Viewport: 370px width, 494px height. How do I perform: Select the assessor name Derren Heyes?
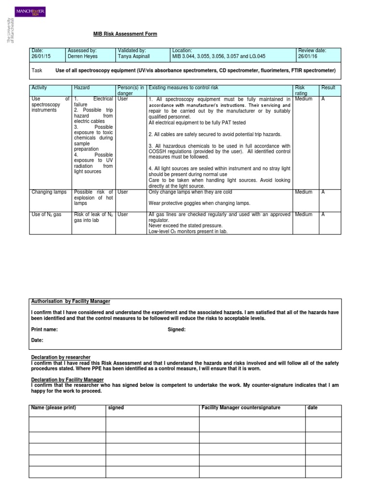pos(82,56)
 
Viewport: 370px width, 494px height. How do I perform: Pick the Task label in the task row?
pos(37,70)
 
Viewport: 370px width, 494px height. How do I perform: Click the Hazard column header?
pos(82,88)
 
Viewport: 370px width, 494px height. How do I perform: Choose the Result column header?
pos(329,88)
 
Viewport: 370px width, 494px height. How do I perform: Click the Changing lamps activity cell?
pos(49,192)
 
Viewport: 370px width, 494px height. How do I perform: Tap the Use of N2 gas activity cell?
pos(47,215)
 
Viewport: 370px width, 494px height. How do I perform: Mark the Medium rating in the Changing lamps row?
pos(304,192)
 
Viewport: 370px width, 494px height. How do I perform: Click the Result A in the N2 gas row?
pos(323,215)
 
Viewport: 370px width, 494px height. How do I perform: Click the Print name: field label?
pos(44,329)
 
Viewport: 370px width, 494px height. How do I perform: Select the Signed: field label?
pos(176,329)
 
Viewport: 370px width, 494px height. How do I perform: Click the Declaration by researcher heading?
pos(61,357)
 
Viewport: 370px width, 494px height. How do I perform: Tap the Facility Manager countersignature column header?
pos(241,408)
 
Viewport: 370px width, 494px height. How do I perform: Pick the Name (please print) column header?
pos(53,408)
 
